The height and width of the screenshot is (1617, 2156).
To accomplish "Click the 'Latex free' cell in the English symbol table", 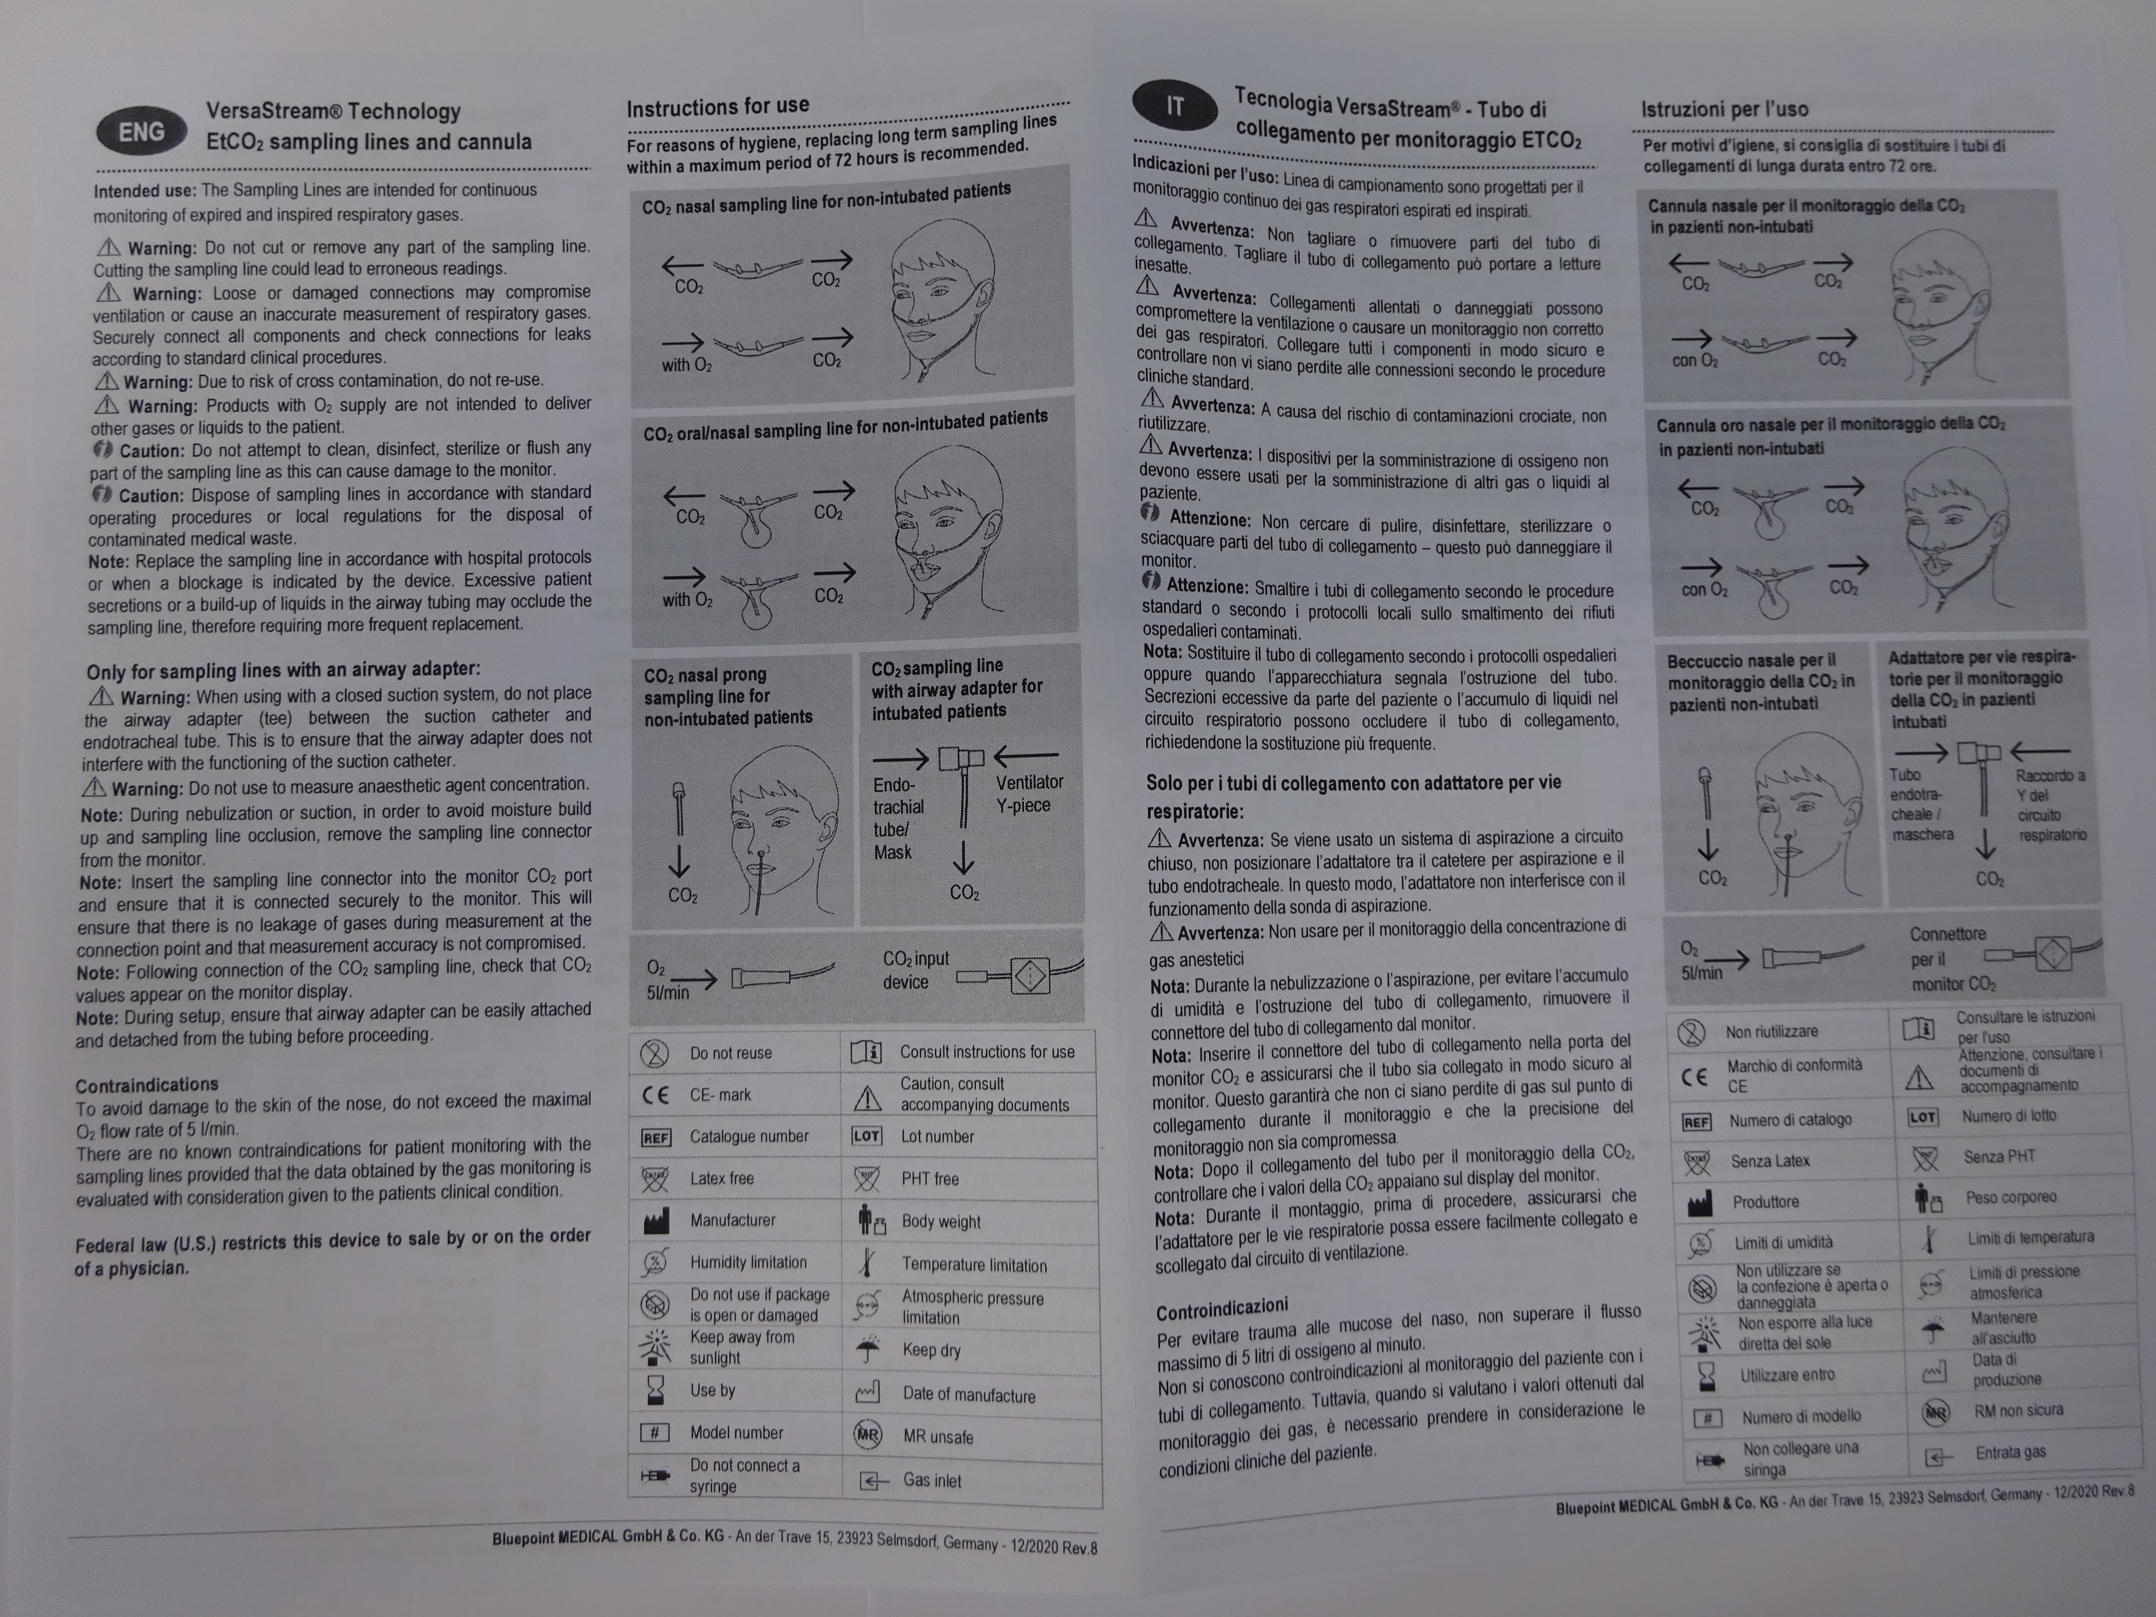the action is pos(721,1178).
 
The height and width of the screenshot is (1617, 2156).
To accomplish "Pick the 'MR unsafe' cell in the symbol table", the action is pos(938,1437).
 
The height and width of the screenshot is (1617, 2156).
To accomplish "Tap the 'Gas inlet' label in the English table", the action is pos(932,1480).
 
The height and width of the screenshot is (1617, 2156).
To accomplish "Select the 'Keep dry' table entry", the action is pos(931,1350).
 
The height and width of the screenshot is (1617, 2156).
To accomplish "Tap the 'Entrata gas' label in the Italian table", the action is pos(2010,1452).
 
